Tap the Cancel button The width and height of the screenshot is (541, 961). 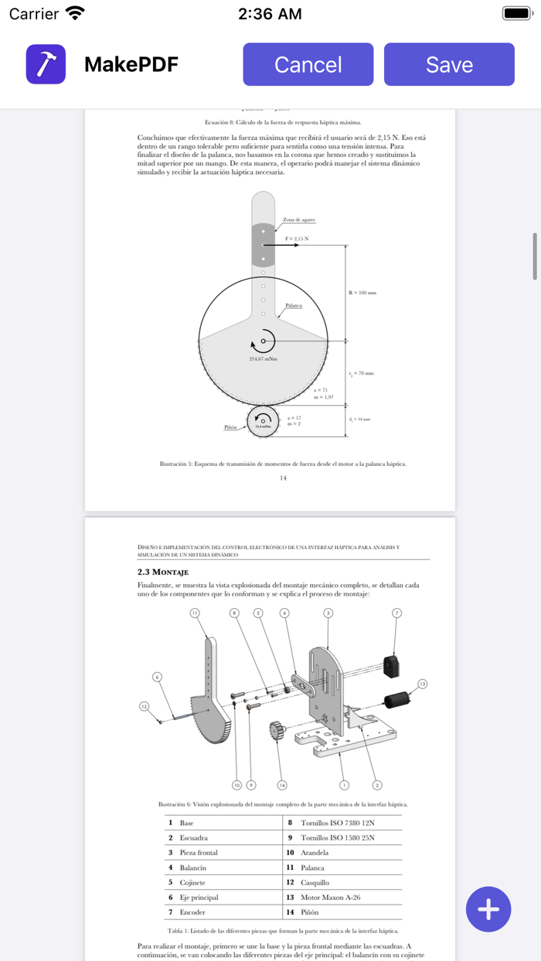tap(308, 64)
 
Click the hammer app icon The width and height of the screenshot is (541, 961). tap(46, 64)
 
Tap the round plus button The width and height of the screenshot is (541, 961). tap(488, 909)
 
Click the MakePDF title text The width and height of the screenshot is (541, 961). tap(131, 64)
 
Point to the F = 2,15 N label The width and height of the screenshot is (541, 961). tap(296, 239)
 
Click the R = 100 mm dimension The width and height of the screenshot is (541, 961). tap(362, 293)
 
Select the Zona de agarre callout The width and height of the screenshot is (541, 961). tap(298, 220)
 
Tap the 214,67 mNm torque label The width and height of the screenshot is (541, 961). tap(263, 358)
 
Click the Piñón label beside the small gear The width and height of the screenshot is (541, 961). tap(230, 427)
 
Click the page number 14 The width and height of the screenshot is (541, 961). tap(283, 478)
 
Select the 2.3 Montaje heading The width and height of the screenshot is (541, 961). tap(163, 572)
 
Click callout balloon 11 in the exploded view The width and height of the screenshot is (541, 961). tap(195, 613)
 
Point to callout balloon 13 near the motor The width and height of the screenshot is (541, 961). tap(422, 684)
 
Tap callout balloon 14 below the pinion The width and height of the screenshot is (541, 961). tap(282, 785)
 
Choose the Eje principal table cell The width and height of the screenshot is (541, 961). tap(199, 897)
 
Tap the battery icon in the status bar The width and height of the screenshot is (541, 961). tap(516, 13)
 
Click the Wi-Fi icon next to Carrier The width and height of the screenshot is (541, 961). tap(75, 13)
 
